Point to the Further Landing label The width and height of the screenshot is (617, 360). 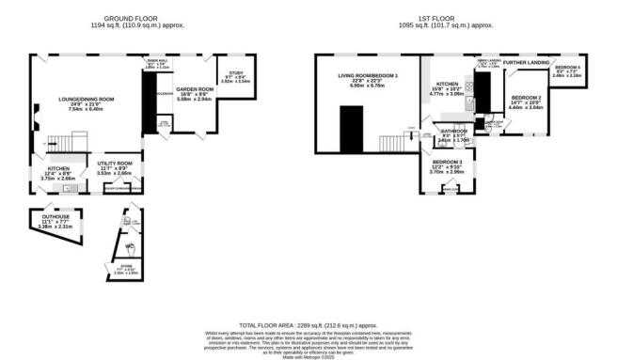527,62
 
